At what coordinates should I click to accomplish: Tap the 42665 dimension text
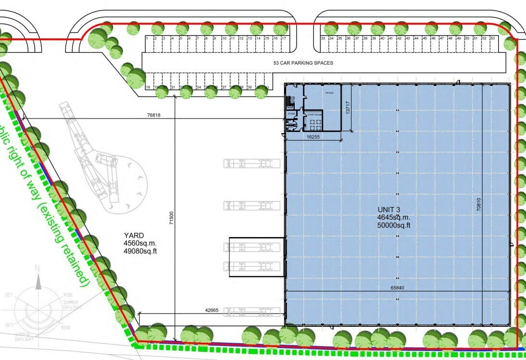coord(212,310)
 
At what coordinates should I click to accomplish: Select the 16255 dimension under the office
coord(313,137)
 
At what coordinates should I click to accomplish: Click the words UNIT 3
coord(389,209)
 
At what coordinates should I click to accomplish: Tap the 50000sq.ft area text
coord(394,225)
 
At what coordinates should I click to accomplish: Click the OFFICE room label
coord(329,93)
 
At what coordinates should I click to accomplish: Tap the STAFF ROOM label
coord(315,115)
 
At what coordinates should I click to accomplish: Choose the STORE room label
coord(291,114)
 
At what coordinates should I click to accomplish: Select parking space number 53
coord(492,38)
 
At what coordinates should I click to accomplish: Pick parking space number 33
coord(323,38)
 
